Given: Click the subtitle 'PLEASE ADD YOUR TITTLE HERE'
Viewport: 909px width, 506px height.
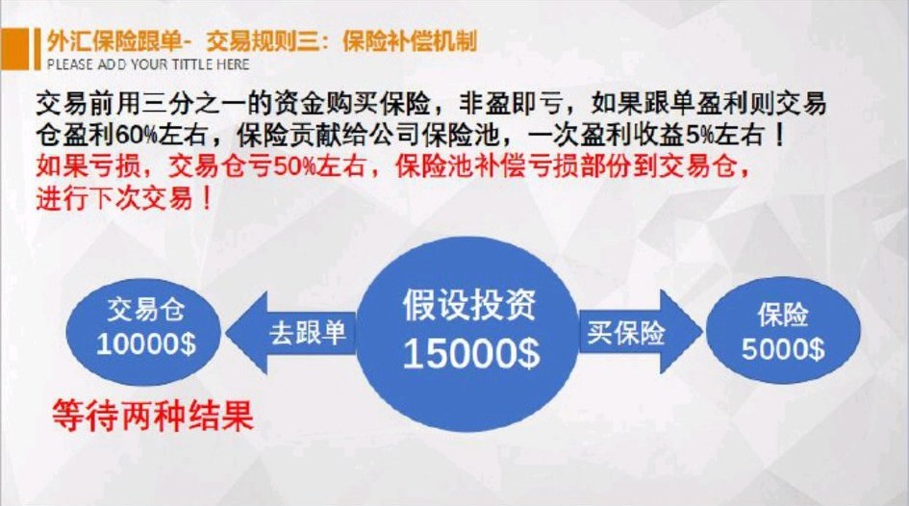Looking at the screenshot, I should [148, 64].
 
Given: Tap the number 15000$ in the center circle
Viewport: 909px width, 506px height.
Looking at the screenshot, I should [470, 355].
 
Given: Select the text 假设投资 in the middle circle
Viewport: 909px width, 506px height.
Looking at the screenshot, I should [470, 307].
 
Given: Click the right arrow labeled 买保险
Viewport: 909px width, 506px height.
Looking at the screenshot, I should [627, 333].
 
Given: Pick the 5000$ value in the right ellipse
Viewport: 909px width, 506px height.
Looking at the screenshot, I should [782, 348].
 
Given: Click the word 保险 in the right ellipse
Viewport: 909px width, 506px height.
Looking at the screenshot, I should [782, 315].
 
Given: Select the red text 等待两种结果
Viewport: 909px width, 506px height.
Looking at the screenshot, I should [152, 417].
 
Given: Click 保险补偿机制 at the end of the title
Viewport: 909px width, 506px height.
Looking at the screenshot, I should [409, 41].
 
